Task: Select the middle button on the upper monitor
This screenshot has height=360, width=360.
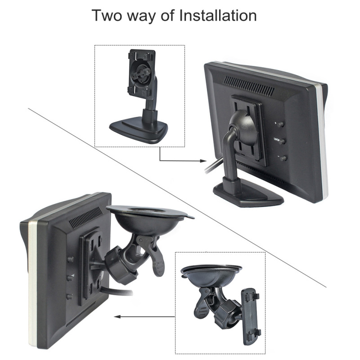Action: pyautogui.click(x=283, y=141)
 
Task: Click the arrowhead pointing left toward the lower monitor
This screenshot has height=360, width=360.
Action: pyautogui.click(x=118, y=316)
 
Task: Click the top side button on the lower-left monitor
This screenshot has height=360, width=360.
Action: pyautogui.click(x=70, y=260)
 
